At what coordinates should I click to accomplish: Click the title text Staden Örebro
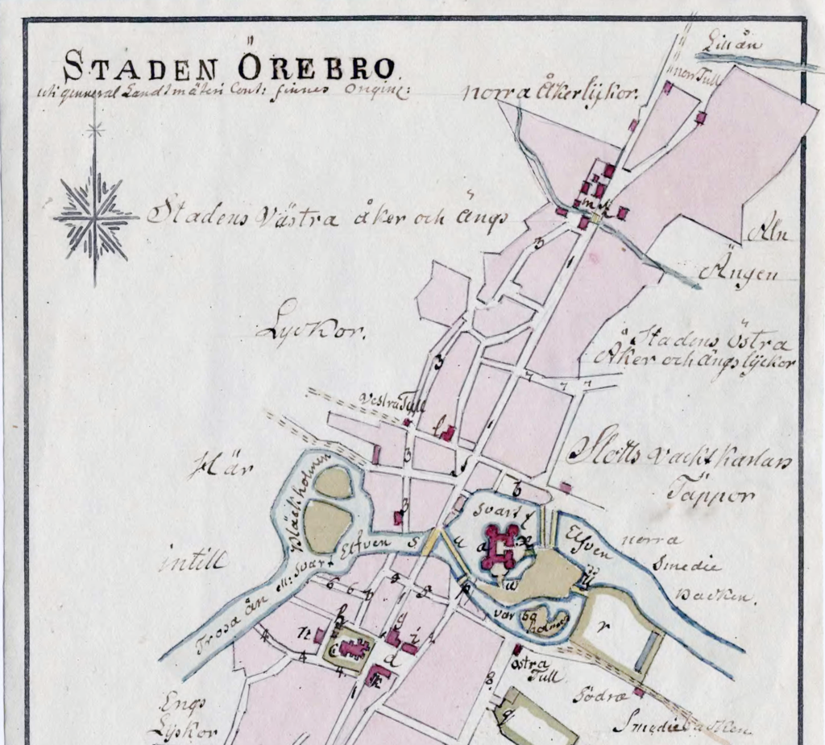click(228, 64)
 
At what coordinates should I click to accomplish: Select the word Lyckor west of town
click(310, 329)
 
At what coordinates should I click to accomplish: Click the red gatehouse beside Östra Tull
click(516, 649)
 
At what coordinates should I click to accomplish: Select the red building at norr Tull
click(667, 87)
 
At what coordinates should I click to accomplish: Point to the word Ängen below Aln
click(739, 273)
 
